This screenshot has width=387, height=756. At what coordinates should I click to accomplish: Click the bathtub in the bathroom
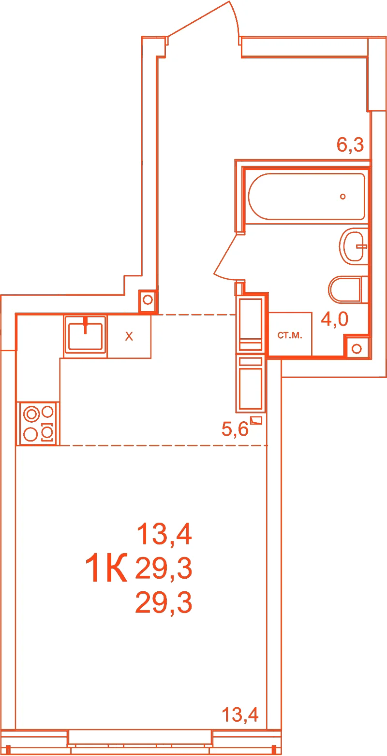307,197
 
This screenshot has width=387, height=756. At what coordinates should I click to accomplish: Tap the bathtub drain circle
342,197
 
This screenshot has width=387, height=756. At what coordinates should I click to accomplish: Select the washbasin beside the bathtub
353,246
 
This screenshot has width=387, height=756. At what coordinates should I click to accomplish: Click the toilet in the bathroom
348,289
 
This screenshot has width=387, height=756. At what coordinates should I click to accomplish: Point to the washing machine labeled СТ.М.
290,334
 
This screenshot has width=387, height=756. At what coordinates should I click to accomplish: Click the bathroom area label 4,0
334,319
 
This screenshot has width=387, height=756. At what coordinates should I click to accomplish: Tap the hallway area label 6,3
350,144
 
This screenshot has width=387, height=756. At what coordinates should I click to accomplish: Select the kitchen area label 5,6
235,429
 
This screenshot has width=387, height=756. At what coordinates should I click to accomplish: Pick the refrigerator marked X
129,336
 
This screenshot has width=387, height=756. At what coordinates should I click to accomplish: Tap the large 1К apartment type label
106,568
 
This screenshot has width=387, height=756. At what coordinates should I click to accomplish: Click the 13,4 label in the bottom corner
240,714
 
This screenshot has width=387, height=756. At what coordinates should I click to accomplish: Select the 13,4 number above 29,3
164,534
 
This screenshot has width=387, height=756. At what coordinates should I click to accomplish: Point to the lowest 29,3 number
164,602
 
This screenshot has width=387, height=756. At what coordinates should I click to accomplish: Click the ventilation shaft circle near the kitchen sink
148,300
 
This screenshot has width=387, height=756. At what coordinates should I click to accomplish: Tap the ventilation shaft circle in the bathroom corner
357,349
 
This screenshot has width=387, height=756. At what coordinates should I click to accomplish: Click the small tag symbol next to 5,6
256,420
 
